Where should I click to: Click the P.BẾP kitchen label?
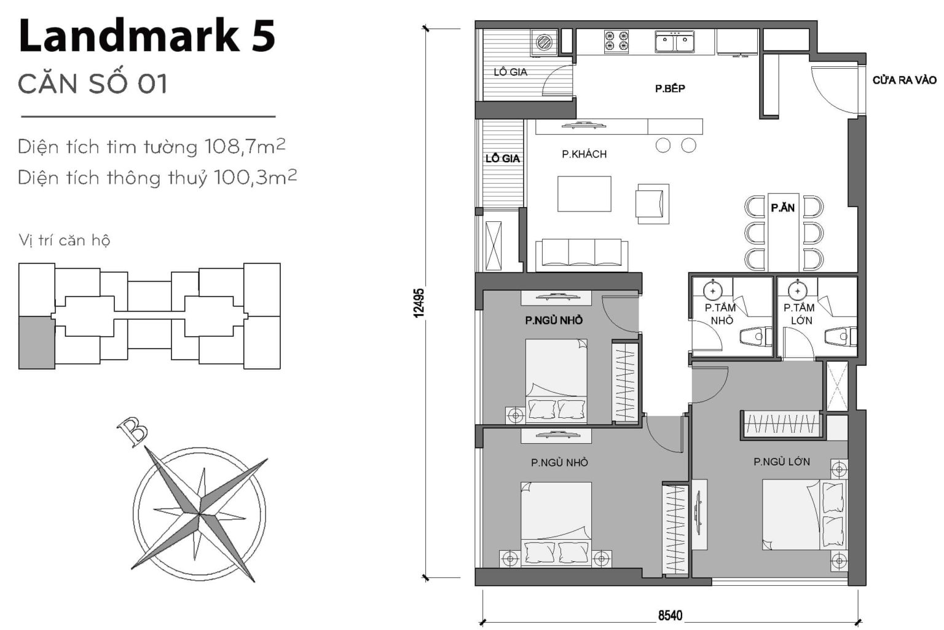pyautogui.click(x=670, y=89)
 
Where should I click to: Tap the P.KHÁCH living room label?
pyautogui.click(x=584, y=154)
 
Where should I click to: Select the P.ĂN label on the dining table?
pyautogui.click(x=782, y=208)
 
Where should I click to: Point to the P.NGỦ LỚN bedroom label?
pyautogui.click(x=782, y=462)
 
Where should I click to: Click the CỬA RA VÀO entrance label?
pyautogui.click(x=904, y=81)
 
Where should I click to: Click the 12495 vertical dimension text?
pyautogui.click(x=419, y=302)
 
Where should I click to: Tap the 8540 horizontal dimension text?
pyautogui.click(x=670, y=615)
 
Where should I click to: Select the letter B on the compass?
pyautogui.click(x=132, y=431)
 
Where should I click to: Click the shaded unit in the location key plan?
pyautogui.click(x=37, y=342)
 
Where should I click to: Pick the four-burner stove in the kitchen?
pyautogui.click(x=616, y=41)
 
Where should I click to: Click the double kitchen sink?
pyautogui.click(x=674, y=42)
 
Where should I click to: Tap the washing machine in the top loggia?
pyautogui.click(x=545, y=42)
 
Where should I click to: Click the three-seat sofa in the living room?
pyautogui.click(x=581, y=254)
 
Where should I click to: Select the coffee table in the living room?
pyautogui.click(x=584, y=194)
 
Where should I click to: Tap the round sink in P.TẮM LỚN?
pyautogui.click(x=797, y=289)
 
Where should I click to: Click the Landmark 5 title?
pyautogui.click(x=147, y=36)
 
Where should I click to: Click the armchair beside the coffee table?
pyautogui.click(x=652, y=203)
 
